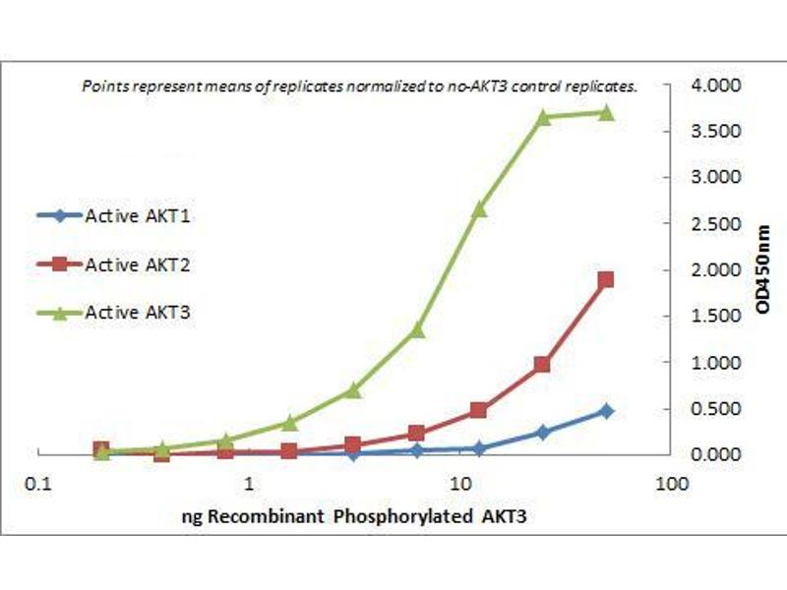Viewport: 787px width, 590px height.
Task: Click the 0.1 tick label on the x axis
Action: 39,484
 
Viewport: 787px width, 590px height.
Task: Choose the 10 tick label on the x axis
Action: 459,484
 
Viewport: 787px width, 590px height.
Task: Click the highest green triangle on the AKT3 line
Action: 606,112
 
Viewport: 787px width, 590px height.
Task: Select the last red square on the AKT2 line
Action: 606,279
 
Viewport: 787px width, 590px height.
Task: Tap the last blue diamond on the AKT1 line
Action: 606,411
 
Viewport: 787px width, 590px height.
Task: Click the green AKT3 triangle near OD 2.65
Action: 479,208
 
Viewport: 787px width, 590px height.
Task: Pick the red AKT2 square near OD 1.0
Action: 542,364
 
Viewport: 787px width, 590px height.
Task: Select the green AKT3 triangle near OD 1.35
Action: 416,329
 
